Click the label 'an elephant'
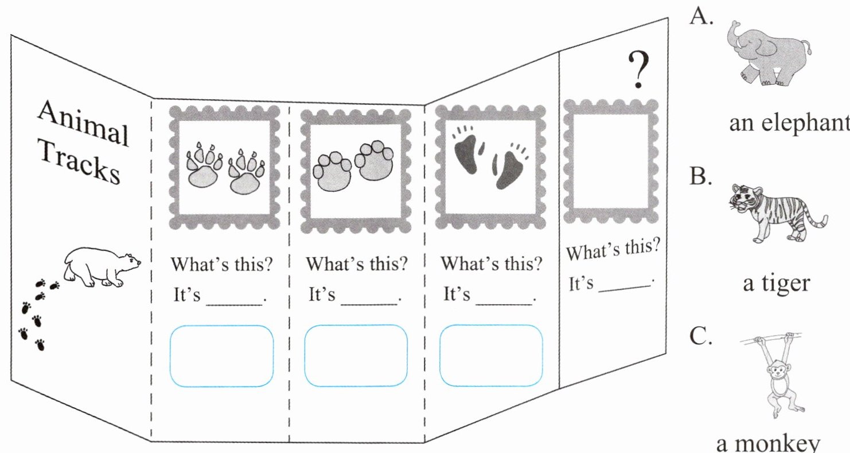[788, 123]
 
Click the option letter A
[701, 18]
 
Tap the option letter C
[700, 338]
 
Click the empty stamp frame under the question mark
[610, 161]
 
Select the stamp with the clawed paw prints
[225, 167]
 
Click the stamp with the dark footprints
[491, 167]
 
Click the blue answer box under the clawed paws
[221, 356]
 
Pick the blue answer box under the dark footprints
[491, 356]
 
